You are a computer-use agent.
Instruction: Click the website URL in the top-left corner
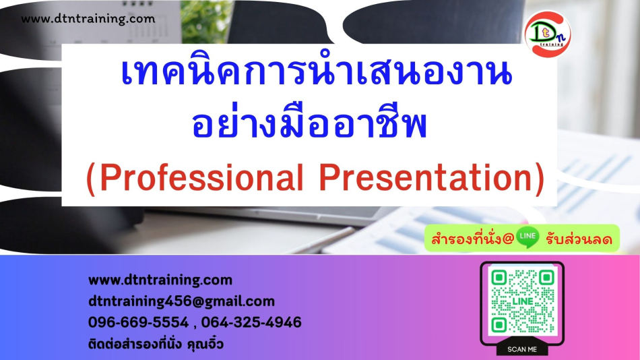[88, 19]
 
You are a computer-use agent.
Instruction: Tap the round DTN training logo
[548, 34]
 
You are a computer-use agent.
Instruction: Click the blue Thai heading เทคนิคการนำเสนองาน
[317, 73]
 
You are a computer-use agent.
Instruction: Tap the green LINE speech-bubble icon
[527, 237]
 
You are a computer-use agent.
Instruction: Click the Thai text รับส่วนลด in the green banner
[579, 239]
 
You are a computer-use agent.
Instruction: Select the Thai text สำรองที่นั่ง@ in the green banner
[472, 239]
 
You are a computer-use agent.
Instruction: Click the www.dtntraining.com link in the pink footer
[160, 280]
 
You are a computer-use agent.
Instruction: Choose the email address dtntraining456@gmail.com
[182, 301]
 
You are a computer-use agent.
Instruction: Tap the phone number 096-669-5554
[138, 322]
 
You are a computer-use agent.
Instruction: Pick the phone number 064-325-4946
[251, 322]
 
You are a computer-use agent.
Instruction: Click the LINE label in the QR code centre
[523, 301]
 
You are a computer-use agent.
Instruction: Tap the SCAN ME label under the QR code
[522, 349]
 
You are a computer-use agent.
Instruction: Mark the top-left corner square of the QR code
[499, 278]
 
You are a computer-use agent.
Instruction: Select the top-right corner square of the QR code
[546, 278]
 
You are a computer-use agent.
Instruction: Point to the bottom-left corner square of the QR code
[499, 325]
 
